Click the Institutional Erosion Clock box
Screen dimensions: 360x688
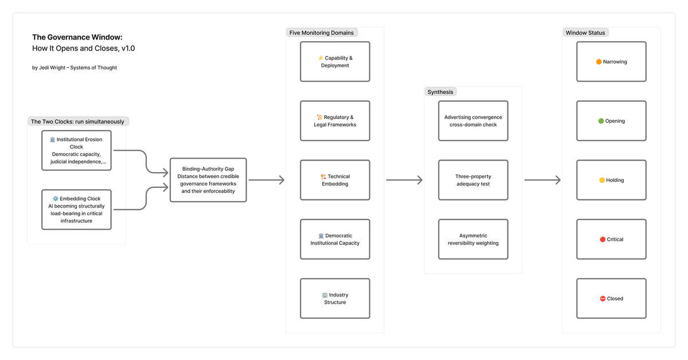tap(76, 150)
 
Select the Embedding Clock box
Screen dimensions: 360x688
tap(76, 209)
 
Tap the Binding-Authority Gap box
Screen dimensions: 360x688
tap(208, 180)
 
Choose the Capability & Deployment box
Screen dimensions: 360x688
tap(335, 61)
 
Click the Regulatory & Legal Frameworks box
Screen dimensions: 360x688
tap(335, 121)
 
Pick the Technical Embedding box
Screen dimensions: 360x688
tap(335, 180)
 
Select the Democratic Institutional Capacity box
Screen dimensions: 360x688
tap(335, 239)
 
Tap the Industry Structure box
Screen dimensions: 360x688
tap(335, 298)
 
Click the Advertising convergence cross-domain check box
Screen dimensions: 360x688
tap(473, 121)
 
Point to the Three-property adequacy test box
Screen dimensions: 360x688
tap(473, 180)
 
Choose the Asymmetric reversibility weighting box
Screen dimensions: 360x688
tap(473, 239)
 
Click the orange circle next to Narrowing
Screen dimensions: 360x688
tap(599, 62)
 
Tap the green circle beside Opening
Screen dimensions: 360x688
tap(601, 121)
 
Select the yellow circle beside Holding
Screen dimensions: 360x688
tap(602, 180)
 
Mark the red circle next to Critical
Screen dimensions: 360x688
tap(602, 239)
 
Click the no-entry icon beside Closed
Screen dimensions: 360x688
tap(603, 299)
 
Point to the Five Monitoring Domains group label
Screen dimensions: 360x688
tap(322, 33)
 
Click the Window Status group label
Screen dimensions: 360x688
tap(585, 33)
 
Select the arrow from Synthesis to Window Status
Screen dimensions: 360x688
tap(542, 180)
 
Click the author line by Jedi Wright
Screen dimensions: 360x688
tap(75, 68)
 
